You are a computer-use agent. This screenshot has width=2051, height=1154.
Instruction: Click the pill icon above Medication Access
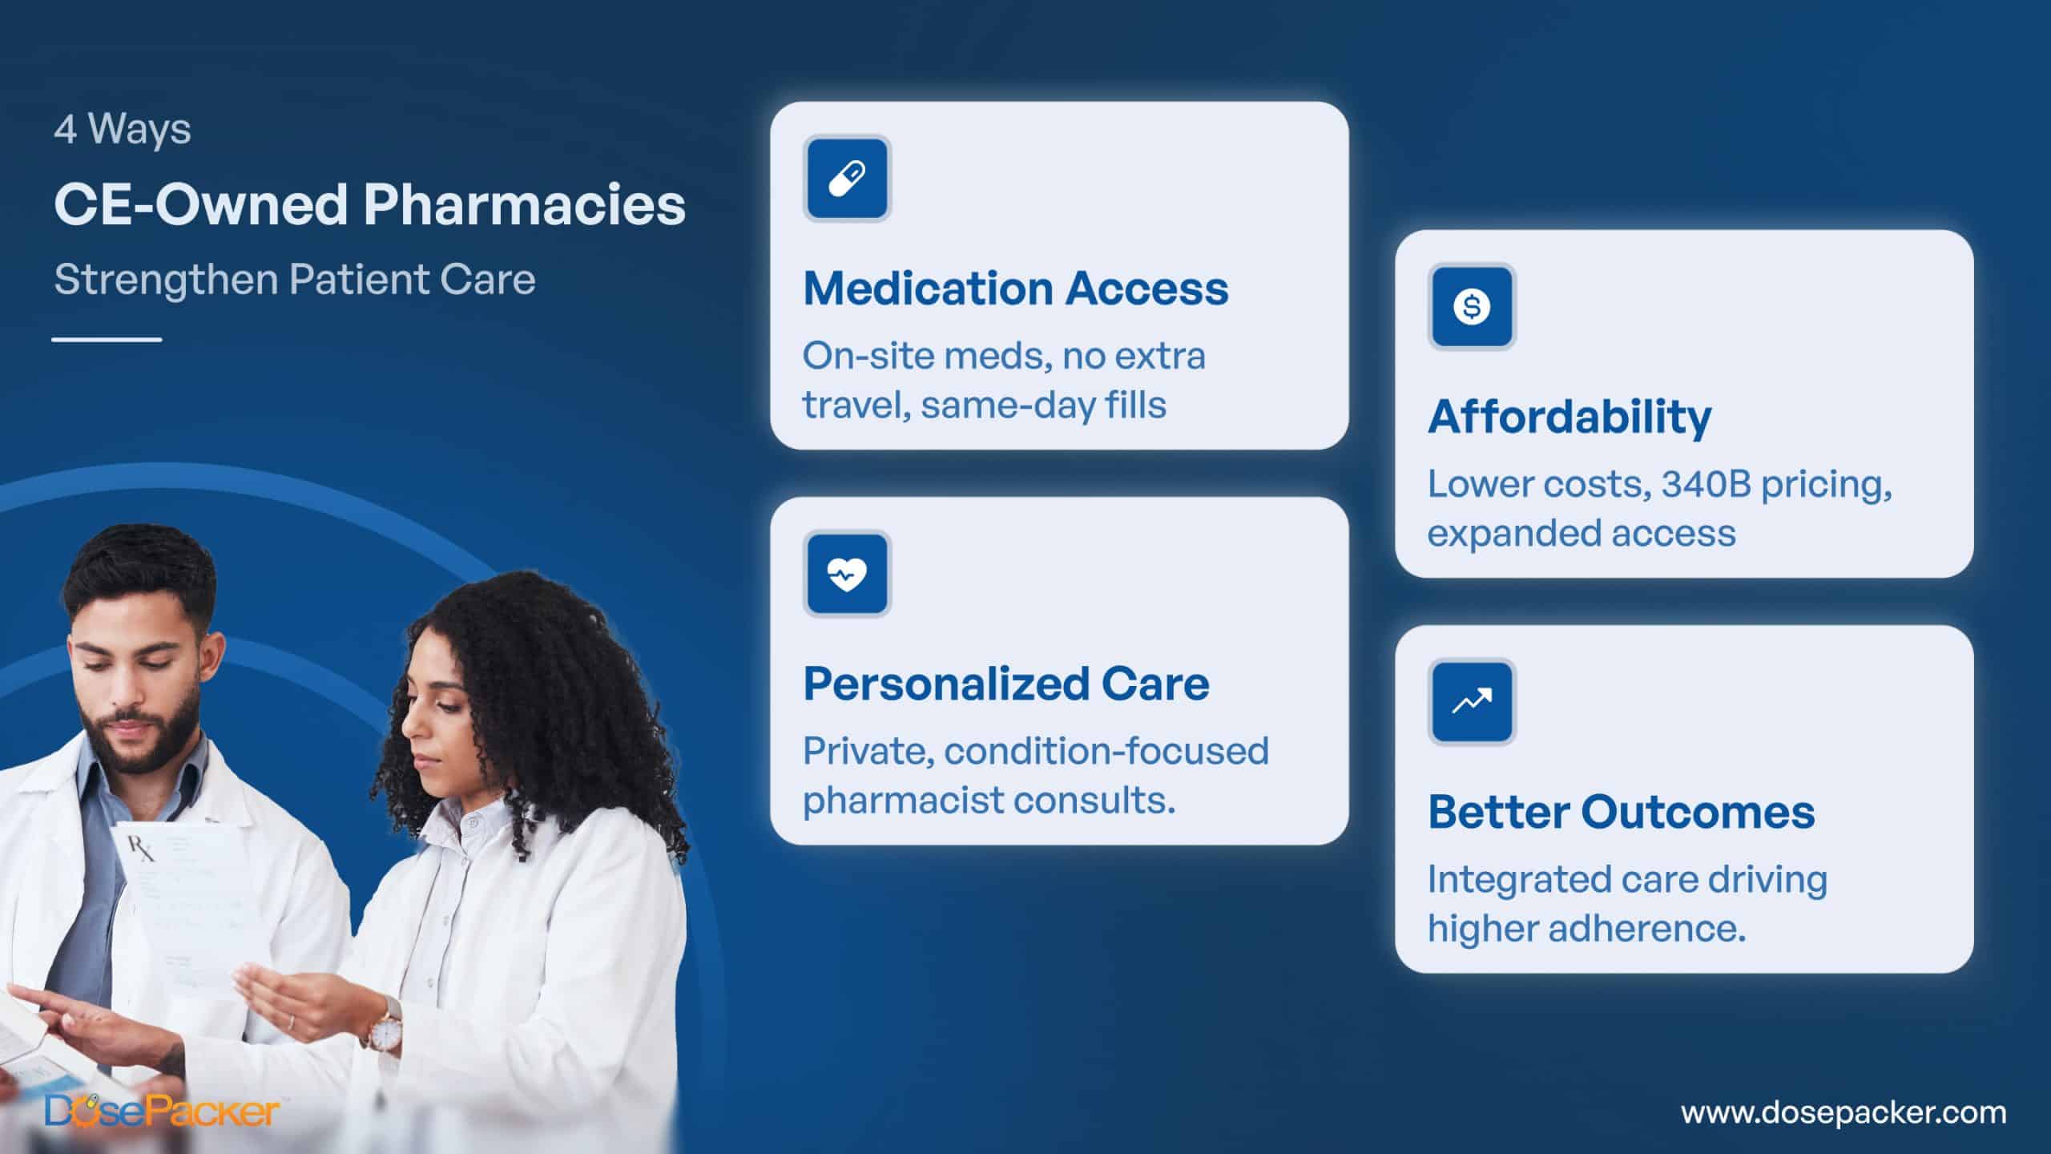click(847, 178)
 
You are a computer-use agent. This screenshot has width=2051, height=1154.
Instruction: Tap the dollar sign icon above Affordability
click(1472, 306)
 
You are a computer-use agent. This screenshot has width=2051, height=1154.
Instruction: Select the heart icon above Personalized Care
click(847, 574)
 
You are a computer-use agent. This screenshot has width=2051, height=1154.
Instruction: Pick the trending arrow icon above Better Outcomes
click(1472, 702)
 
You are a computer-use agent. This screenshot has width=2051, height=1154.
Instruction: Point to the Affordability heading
click(1569, 418)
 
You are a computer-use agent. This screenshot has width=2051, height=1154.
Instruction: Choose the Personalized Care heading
click(1006, 684)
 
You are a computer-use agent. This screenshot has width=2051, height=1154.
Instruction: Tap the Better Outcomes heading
click(1621, 812)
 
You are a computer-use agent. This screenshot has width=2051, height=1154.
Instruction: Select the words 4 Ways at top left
click(123, 129)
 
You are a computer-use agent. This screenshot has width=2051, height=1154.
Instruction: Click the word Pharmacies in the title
click(524, 204)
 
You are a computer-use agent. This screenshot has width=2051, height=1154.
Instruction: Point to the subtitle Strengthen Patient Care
click(295, 280)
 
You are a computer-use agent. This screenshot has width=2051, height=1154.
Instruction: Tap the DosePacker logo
click(162, 1112)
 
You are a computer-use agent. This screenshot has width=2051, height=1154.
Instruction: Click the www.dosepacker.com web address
click(1843, 1112)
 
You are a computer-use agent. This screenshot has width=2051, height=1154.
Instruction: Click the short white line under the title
click(107, 340)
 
